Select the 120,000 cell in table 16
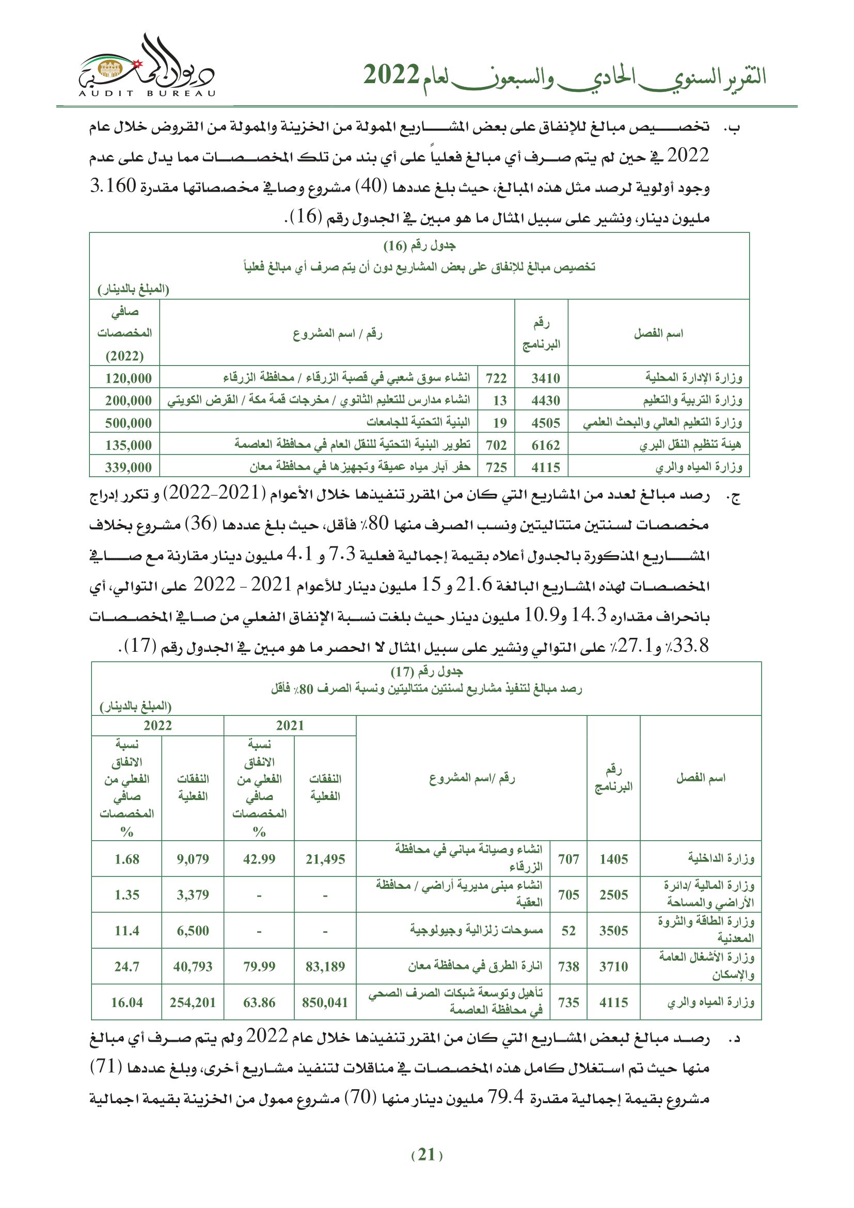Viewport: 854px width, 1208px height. tap(129, 378)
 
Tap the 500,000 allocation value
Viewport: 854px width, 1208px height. tap(129, 423)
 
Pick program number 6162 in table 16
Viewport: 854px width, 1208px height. tap(545, 445)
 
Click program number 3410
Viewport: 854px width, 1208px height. tap(545, 378)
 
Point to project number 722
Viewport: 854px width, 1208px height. tap(496, 378)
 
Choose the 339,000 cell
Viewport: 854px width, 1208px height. tap(129, 467)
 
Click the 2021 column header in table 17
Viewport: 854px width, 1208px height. tap(290, 726)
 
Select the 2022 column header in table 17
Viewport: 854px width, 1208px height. tap(157, 726)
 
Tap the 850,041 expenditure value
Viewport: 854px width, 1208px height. tap(325, 1002)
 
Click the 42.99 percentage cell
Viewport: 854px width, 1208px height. tap(259, 859)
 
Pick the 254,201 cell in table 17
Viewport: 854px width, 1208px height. tap(193, 1002)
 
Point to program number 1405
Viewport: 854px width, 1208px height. tap(613, 859)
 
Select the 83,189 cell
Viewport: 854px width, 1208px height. tap(325, 966)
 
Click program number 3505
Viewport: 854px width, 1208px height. tap(613, 931)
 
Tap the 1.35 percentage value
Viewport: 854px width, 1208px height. tap(126, 895)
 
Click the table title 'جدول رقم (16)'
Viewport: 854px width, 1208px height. tap(419, 246)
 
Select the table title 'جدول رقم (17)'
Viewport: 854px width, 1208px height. tap(426, 672)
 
